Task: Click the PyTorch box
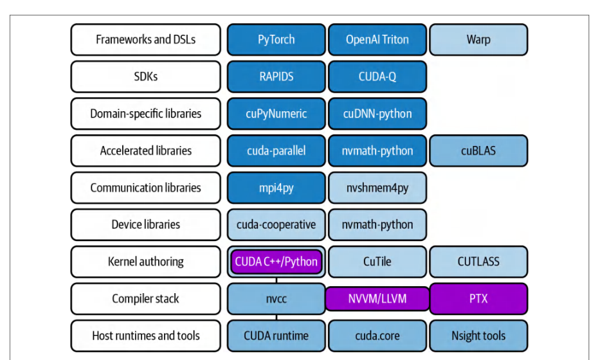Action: (x=276, y=40)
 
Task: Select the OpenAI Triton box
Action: (x=377, y=40)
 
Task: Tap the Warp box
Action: (x=478, y=40)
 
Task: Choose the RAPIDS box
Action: (x=276, y=76)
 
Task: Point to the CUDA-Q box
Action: (x=377, y=76)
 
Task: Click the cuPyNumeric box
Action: (x=276, y=114)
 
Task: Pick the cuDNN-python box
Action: (x=377, y=114)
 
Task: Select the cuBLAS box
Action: (x=478, y=150)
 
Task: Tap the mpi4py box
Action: (x=276, y=188)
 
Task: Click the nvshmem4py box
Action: (x=377, y=188)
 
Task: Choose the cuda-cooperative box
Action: (x=276, y=224)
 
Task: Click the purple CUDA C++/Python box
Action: (x=276, y=262)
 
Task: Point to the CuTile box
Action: (x=377, y=262)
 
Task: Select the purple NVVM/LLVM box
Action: (x=377, y=298)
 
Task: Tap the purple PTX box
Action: (x=478, y=298)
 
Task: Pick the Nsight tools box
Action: (x=478, y=336)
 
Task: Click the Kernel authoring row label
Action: (x=146, y=262)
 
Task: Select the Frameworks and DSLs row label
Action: (x=146, y=40)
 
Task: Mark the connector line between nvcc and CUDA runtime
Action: (x=276, y=318)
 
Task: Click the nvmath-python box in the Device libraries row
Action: (x=377, y=224)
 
